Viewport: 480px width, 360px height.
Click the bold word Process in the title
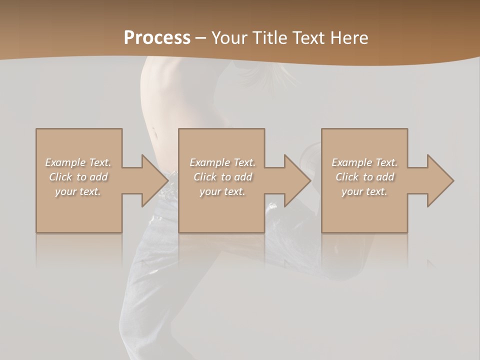pos(157,38)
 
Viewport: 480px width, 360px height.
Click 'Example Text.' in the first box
pos(78,162)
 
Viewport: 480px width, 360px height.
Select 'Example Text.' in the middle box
pos(222,162)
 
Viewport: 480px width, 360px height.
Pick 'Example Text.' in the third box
pos(364,162)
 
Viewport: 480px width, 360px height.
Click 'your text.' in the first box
pos(78,191)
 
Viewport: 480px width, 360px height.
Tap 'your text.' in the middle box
pos(222,191)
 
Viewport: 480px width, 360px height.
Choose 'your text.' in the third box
pos(364,191)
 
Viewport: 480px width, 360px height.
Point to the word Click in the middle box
pos(205,177)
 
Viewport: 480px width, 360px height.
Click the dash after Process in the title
pos(200,38)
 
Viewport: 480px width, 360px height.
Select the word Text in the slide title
pos(308,38)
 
